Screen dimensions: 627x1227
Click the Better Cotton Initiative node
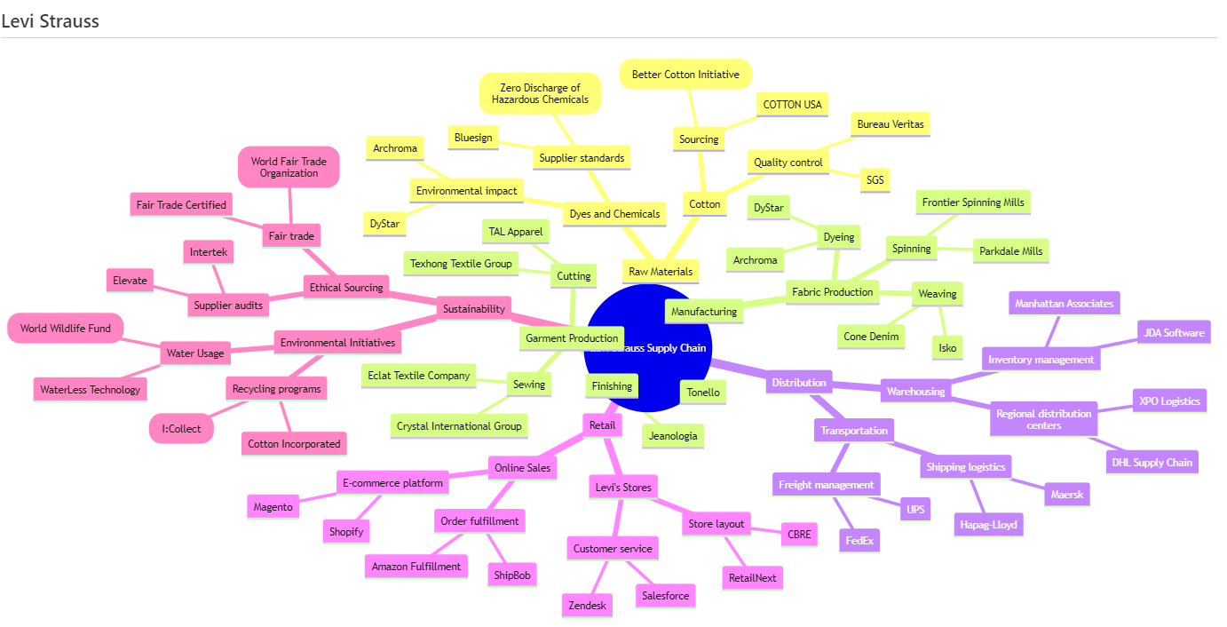pyautogui.click(x=685, y=75)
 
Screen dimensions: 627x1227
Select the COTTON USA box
pyautogui.click(x=793, y=105)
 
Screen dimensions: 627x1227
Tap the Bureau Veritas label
pyautogui.click(x=890, y=125)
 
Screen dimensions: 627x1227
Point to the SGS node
pyautogui.click(x=875, y=180)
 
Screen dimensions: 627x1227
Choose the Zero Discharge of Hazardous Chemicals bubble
pyautogui.click(x=540, y=93)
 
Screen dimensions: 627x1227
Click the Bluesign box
pyautogui.click(x=472, y=138)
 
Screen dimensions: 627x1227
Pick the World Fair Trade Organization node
pyautogui.click(x=289, y=167)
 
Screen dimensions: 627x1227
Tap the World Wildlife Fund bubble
pyautogui.click(x=66, y=329)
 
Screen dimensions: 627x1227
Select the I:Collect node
pyautogui.click(x=181, y=429)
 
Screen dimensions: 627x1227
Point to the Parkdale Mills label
pyautogui.click(x=1011, y=250)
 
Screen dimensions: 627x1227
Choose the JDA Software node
pyautogui.click(x=1174, y=333)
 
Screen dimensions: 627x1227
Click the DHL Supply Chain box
pyautogui.click(x=1152, y=462)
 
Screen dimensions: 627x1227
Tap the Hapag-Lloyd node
pyautogui.click(x=988, y=525)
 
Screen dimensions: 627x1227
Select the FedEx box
pyautogui.click(x=859, y=539)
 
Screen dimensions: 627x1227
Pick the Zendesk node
pyautogui.click(x=587, y=606)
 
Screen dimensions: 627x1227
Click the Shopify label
pyautogui.click(x=346, y=531)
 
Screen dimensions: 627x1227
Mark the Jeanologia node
pyautogui.click(x=674, y=436)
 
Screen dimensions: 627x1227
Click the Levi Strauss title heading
pyautogui.click(x=51, y=20)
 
